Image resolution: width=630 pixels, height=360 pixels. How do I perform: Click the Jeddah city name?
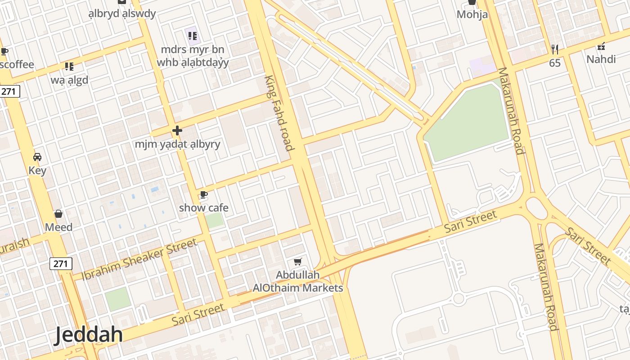coord(89,335)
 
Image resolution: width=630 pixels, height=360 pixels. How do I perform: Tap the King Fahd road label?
coord(279,113)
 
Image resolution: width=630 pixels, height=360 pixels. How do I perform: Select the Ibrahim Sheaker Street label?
coord(139,259)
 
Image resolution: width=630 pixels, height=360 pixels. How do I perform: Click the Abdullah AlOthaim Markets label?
coord(298,281)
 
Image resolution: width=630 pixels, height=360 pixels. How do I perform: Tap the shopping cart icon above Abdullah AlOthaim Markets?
coord(297,261)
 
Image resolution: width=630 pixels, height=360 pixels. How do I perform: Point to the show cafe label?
coord(203,208)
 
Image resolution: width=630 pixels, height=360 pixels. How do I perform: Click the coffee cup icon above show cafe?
coord(203,194)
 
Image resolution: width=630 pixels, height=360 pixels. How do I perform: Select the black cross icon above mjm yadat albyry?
coord(177,130)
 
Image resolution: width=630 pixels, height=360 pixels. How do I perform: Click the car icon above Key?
coord(37,157)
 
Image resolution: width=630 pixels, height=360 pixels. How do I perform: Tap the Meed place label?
coord(58,227)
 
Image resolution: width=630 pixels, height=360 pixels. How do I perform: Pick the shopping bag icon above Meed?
coord(58,213)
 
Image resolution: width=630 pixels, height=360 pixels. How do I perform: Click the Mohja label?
coord(472,14)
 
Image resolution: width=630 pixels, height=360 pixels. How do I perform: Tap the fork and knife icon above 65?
coord(555,49)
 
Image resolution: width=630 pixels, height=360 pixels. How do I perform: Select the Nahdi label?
coord(601,59)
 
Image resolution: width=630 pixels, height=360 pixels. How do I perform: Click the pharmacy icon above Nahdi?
coord(601,46)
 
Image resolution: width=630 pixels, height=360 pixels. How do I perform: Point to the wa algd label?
coord(69,80)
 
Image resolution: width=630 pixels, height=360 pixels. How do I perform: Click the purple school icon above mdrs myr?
coord(193,36)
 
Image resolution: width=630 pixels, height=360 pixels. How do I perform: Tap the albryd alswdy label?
coord(122,13)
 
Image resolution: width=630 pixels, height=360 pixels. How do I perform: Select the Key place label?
coord(37,171)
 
